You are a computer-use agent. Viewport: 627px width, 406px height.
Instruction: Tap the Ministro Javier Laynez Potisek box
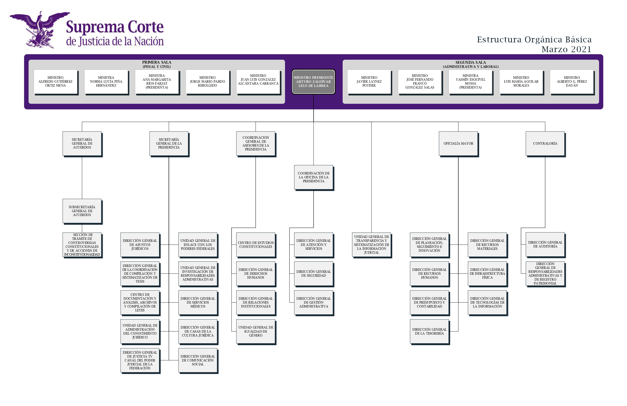tap(369, 82)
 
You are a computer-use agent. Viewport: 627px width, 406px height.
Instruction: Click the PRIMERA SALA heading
tap(157, 62)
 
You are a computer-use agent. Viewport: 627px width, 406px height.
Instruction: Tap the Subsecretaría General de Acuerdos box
tap(82, 211)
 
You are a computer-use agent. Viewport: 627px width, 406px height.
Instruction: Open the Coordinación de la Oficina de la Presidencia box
tap(313, 177)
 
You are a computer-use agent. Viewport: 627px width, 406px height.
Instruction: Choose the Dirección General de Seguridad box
tap(313, 273)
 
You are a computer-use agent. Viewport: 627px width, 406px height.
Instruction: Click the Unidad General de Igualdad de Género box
tap(256, 331)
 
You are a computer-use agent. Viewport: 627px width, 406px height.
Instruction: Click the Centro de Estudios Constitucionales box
tap(256, 245)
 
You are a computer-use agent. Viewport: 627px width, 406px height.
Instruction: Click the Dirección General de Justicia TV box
tap(140, 360)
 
